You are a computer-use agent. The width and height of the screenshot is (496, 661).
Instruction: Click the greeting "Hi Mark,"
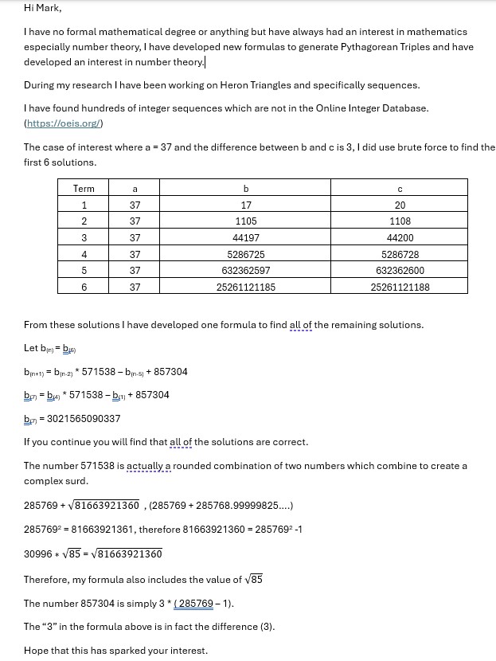click(42, 8)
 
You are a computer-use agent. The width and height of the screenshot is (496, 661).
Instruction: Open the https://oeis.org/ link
click(64, 123)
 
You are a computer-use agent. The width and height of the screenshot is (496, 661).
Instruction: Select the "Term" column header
click(84, 189)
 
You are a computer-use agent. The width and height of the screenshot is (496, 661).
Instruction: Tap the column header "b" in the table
click(246, 189)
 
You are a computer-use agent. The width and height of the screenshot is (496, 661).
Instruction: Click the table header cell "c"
click(400, 189)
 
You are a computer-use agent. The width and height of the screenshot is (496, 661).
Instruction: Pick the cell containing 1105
click(246, 221)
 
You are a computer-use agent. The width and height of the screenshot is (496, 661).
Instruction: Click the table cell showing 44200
click(400, 238)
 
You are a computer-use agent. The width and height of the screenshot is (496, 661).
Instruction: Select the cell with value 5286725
click(246, 255)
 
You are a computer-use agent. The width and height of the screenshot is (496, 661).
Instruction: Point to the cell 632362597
click(246, 271)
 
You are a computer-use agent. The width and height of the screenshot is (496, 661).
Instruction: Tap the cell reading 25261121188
click(400, 287)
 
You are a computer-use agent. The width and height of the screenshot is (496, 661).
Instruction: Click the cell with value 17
click(246, 205)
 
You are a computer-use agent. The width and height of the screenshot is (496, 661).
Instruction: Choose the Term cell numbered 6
click(84, 287)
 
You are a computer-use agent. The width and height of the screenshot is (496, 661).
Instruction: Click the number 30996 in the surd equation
click(37, 554)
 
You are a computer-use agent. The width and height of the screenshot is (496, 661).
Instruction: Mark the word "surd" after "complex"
click(72, 481)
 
